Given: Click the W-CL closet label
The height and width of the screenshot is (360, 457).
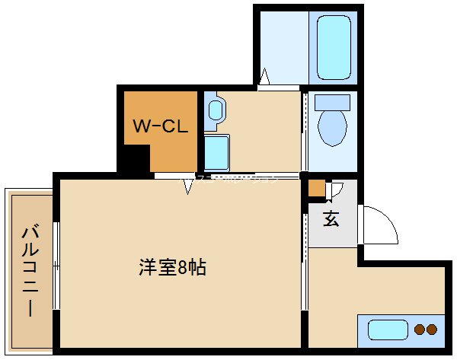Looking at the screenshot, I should (x=161, y=127).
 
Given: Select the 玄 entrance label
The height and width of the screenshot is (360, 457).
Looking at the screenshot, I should (x=331, y=219).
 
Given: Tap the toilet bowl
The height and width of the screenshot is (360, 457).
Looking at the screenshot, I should (x=331, y=126).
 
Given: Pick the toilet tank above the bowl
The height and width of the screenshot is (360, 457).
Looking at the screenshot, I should (x=331, y=101).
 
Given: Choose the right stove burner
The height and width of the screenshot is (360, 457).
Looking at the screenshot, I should (x=432, y=330).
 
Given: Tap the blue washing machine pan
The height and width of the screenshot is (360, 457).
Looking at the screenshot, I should (x=216, y=152).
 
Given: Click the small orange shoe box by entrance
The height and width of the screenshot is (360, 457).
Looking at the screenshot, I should (x=316, y=187).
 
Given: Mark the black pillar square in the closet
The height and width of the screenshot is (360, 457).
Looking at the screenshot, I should (x=136, y=159).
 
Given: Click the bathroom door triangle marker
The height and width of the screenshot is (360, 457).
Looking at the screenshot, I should (x=264, y=77).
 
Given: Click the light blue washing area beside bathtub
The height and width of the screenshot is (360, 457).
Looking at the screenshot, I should (x=282, y=46).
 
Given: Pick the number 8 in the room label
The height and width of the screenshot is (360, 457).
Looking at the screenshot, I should (x=184, y=267).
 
